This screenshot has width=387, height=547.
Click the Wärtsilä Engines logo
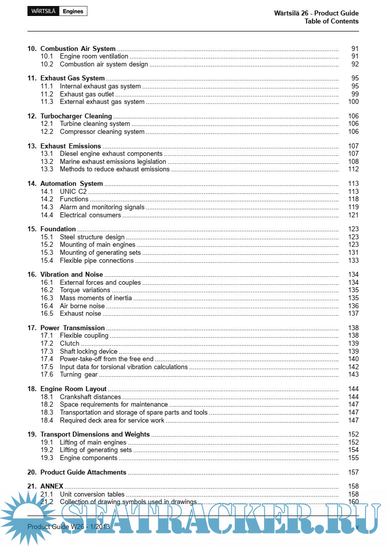click(57, 11)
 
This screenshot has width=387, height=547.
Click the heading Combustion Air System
click(78, 49)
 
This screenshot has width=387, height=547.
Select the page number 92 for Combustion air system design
click(355, 64)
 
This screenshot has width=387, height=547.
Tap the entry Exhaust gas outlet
click(87, 94)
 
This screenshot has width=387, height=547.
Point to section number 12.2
click(47, 132)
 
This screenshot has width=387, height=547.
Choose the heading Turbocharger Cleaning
click(76, 116)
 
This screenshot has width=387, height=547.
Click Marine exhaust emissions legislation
click(113, 162)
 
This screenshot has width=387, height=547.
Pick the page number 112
click(354, 169)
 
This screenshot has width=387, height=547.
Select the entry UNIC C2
click(73, 191)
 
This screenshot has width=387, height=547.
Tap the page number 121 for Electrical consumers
click(354, 215)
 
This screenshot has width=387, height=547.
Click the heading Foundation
click(58, 229)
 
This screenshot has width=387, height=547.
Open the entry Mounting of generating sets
click(100, 253)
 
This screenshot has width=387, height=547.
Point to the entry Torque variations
click(85, 290)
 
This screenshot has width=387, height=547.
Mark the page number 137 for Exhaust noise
click(354, 314)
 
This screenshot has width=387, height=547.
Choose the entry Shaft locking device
click(88, 352)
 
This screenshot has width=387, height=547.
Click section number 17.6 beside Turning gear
click(47, 375)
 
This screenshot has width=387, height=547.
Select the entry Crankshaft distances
click(90, 397)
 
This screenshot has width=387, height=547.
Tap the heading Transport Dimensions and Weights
click(95, 435)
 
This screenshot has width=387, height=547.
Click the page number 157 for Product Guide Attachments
click(354, 473)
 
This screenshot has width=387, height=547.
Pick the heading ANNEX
click(52, 487)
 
